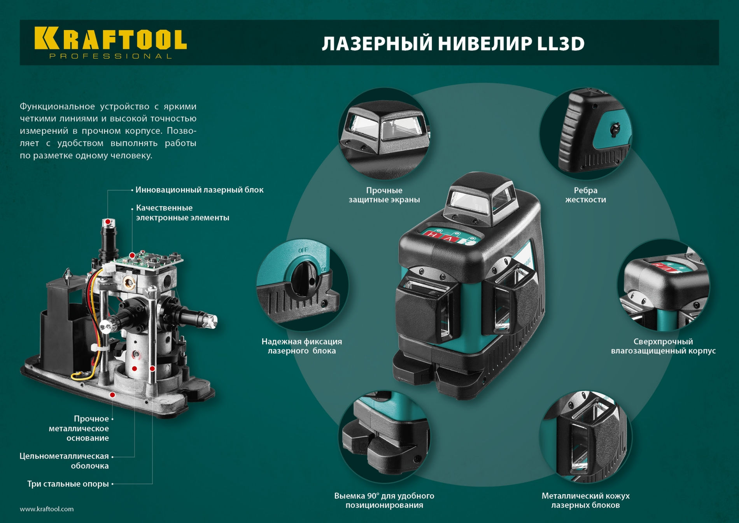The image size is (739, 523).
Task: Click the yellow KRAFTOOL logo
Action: (x=110, y=39)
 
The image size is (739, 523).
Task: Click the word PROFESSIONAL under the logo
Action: (x=110, y=56)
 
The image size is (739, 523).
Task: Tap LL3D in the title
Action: (x=560, y=44)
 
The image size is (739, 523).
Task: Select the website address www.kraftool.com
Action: (x=47, y=509)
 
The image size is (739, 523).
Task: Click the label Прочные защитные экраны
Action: (x=384, y=195)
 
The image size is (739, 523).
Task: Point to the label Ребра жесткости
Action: (x=585, y=195)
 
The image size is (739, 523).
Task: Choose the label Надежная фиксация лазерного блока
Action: (x=301, y=346)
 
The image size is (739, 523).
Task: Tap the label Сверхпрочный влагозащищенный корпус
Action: (x=663, y=346)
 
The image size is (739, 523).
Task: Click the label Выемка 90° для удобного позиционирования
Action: (x=384, y=500)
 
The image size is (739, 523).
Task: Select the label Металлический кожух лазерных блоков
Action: (x=585, y=500)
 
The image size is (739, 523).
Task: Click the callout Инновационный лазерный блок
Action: (x=199, y=190)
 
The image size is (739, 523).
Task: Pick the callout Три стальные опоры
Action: (x=68, y=484)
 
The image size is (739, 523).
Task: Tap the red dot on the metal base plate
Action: (x=112, y=395)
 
